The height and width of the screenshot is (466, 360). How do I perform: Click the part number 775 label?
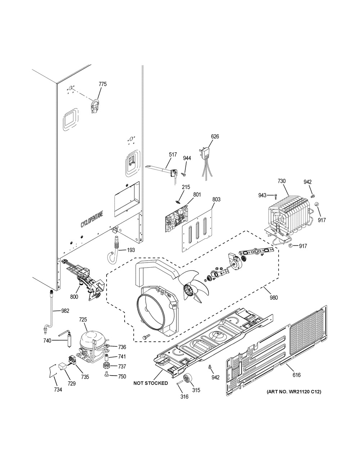103,84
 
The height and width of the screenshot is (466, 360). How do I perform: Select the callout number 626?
215,136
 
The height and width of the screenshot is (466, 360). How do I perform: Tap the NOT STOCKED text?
150,383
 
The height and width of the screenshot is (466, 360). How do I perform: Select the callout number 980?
274,297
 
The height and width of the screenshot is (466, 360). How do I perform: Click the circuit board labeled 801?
176,219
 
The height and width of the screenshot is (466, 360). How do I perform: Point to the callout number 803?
216,200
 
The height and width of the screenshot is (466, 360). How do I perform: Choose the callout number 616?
296,375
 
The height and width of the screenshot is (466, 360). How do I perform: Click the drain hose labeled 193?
113,249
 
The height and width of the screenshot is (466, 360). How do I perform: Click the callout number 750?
122,376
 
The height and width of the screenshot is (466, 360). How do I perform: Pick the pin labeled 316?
180,384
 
